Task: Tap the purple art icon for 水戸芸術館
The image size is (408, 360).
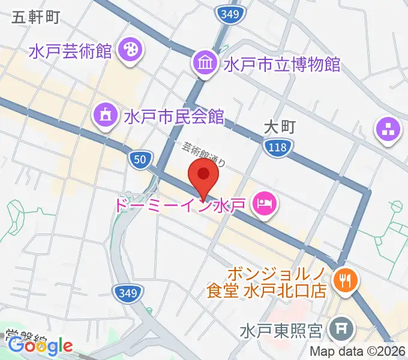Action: [128, 50]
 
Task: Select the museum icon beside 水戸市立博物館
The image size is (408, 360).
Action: [205, 62]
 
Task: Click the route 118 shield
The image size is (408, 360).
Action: [277, 146]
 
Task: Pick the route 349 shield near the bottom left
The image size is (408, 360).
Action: [128, 292]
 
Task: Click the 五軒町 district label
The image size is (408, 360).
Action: [35, 17]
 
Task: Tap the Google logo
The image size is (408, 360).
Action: [40, 346]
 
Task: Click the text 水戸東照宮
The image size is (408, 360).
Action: [281, 331]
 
